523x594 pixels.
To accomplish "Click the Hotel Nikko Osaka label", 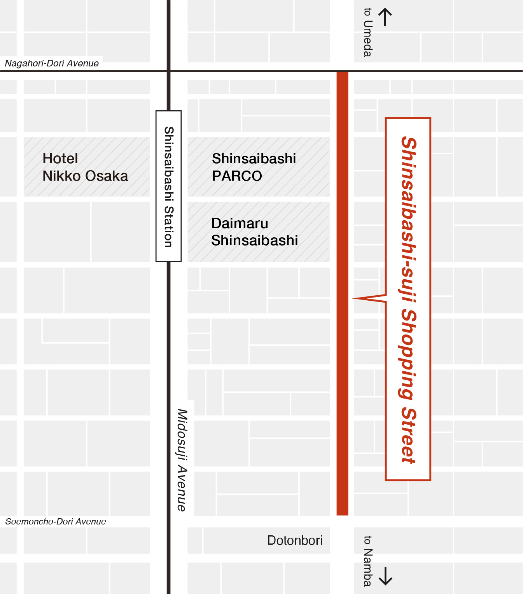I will point(85,167).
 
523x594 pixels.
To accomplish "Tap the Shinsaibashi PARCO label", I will point(254,167).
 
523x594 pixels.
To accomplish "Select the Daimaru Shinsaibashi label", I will point(254,232).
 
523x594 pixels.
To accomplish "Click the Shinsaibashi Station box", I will point(168,186).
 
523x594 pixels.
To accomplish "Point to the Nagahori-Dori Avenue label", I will point(52,63).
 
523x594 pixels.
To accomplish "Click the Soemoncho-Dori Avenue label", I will point(56,521).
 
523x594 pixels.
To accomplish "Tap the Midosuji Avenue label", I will point(182,460).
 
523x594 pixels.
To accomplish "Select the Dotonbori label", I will point(295,540).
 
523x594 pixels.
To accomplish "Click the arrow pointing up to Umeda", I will point(385,17).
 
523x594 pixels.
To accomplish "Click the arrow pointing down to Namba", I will point(385,576).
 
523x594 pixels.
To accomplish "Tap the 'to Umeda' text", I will point(367,33).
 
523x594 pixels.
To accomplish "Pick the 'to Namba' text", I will point(367,561).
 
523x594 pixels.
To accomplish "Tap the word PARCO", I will point(237,176).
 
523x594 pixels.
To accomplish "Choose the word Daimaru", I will point(240,223).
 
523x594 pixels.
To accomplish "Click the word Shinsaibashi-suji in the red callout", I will point(408,219).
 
